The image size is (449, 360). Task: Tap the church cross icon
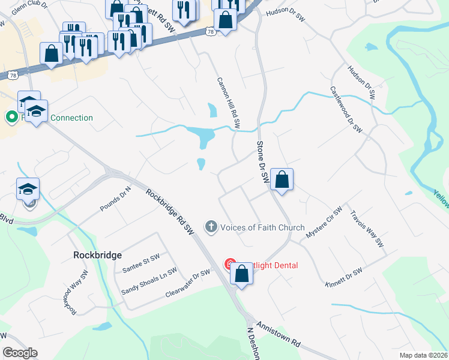coord(211,227)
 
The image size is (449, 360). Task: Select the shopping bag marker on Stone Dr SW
coord(282,179)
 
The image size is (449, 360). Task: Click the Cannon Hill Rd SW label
coord(228,103)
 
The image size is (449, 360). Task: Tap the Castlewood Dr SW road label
coord(346,109)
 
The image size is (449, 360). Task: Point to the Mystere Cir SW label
coord(324,220)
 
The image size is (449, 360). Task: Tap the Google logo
coord(20,352)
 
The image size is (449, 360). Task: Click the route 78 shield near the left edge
coord(12,75)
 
